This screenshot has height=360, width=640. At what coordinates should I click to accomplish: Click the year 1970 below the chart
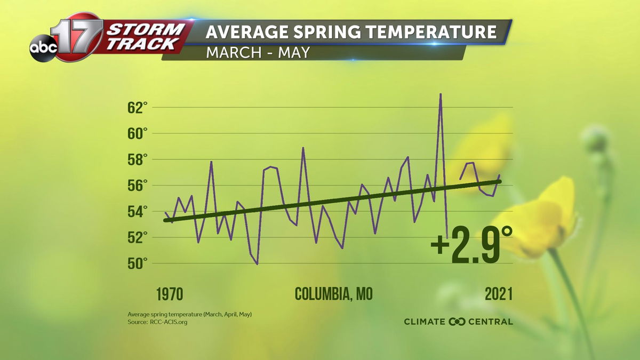coord(170,294)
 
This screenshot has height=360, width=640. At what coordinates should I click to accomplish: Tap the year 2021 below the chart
coord(499,294)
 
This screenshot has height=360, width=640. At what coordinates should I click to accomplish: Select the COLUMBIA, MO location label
coord(333,294)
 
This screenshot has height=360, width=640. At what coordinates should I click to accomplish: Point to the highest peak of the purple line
coord(441,94)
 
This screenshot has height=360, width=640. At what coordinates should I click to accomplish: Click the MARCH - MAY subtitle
coord(258,53)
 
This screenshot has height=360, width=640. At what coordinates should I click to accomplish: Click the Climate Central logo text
coord(458,322)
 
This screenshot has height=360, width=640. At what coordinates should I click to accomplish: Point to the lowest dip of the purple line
coord(258,263)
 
